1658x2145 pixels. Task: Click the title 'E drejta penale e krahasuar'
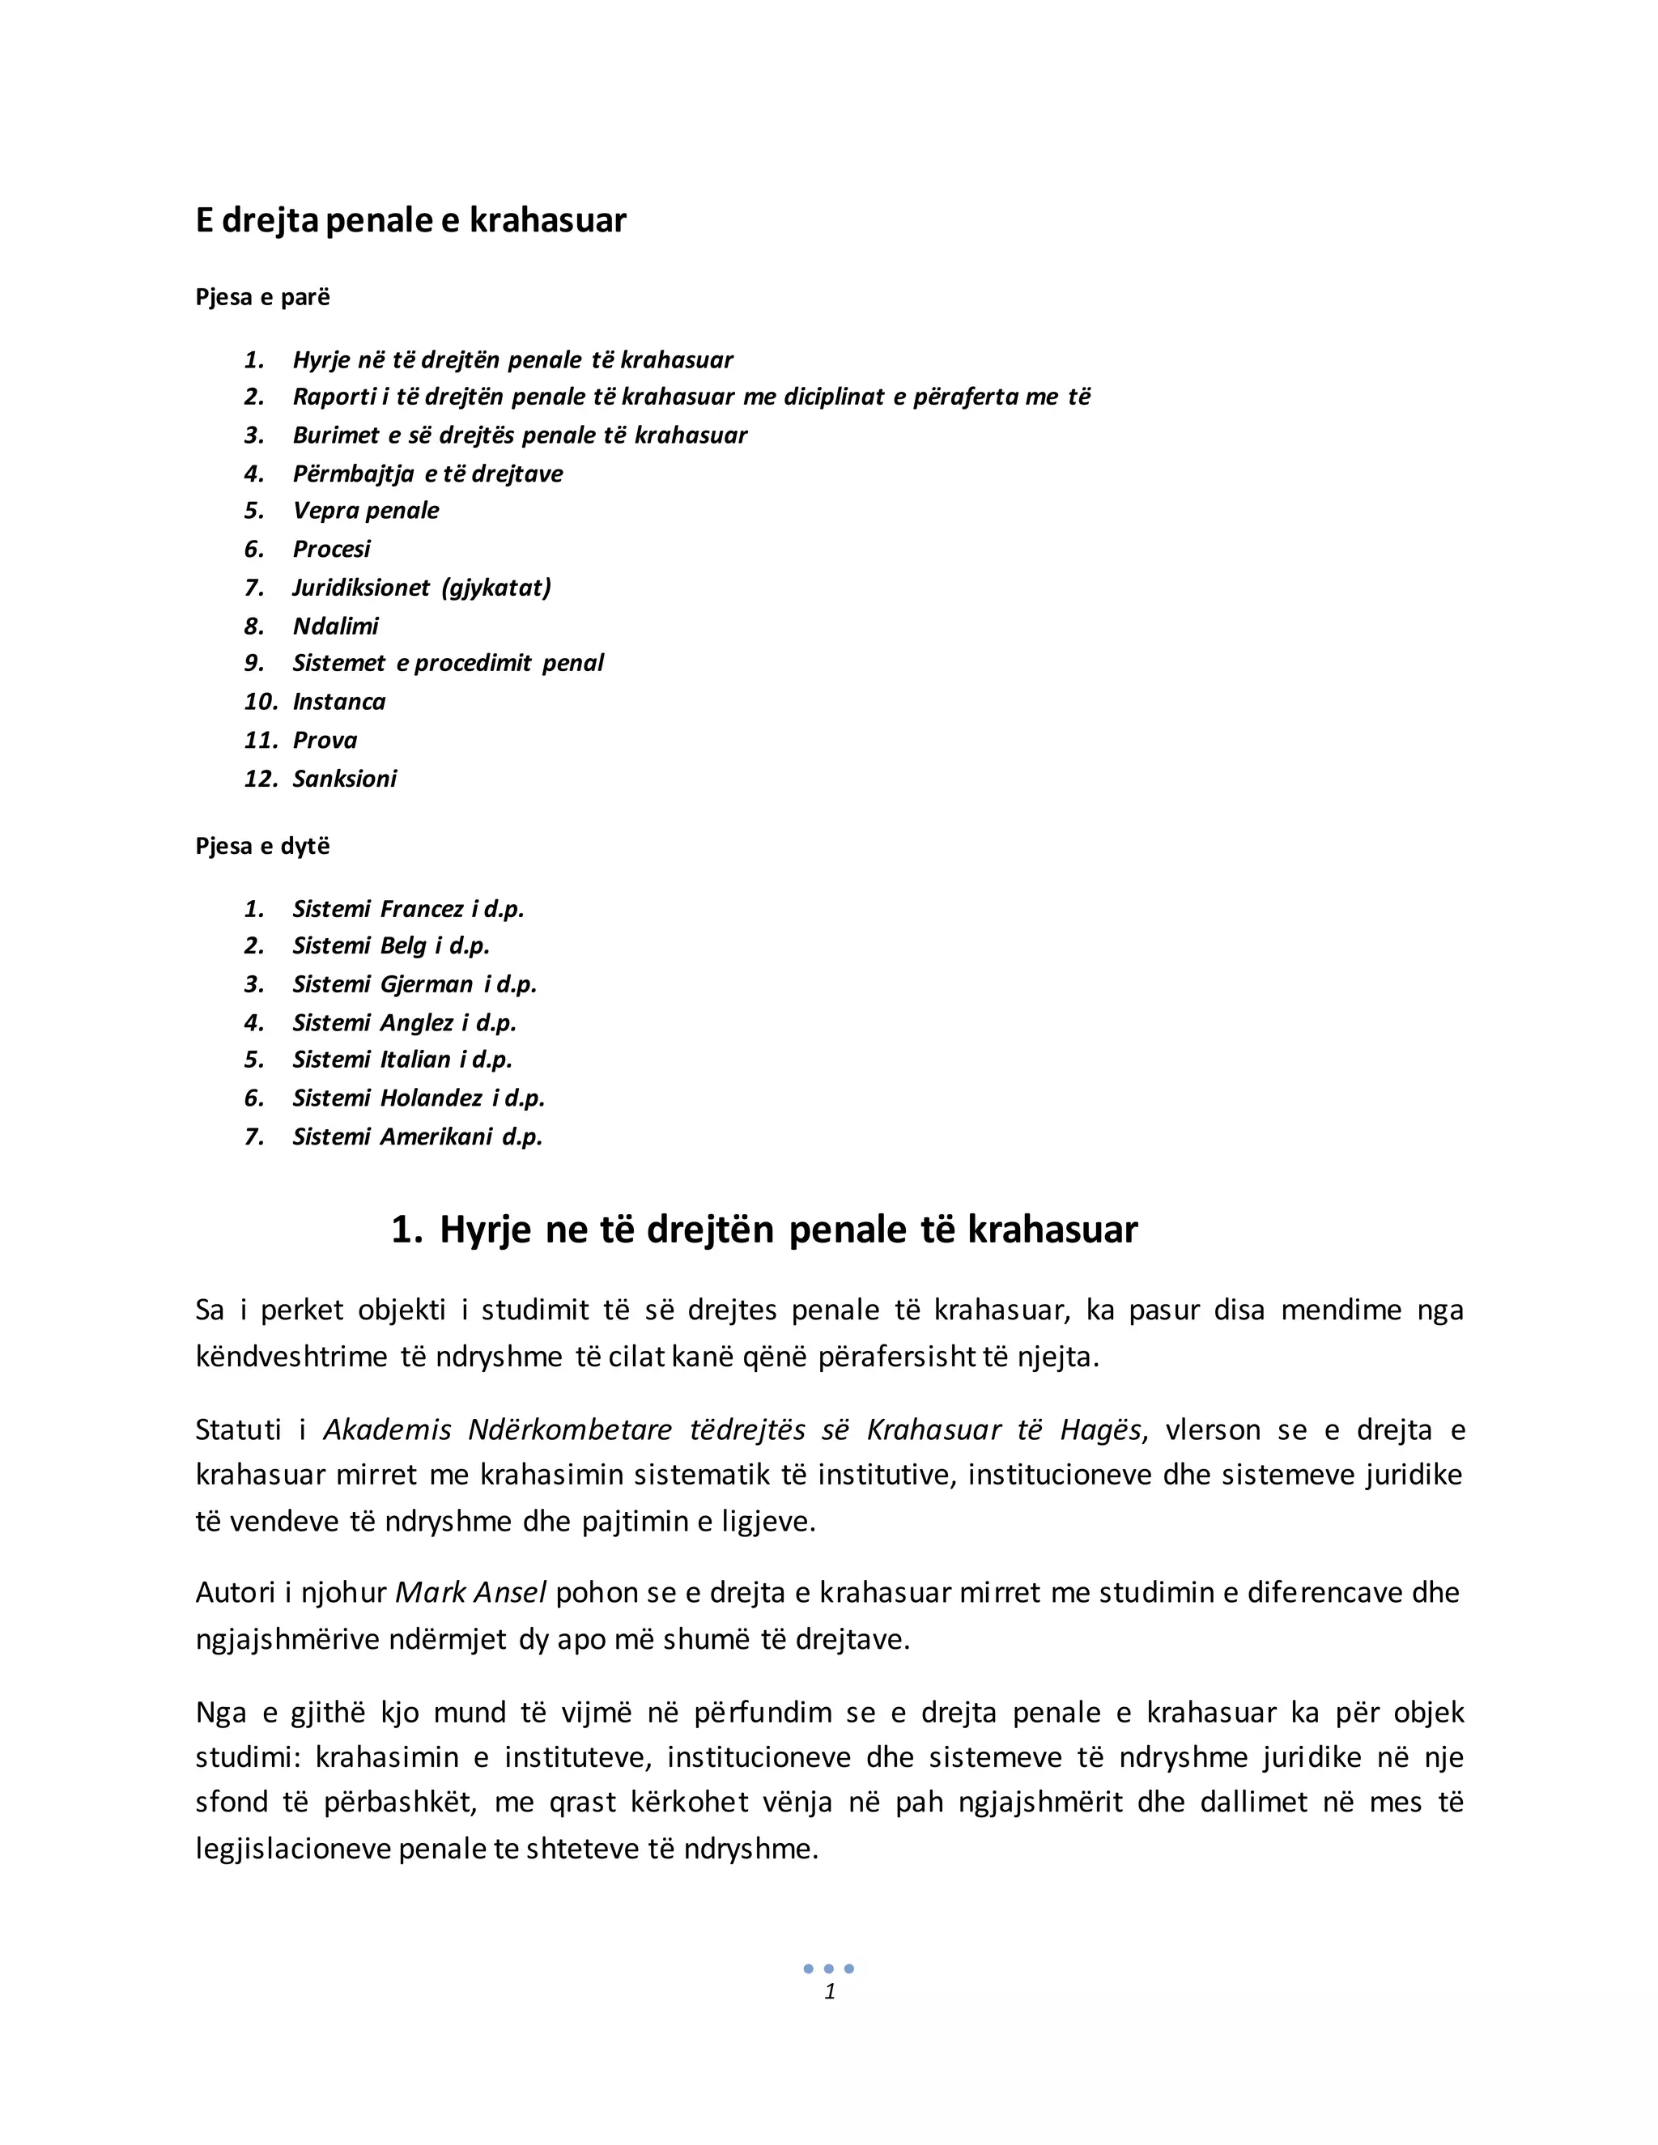coord(410,220)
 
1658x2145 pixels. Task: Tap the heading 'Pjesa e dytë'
coord(262,847)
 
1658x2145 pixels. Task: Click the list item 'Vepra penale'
coord(365,511)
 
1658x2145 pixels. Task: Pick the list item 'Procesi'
coord(331,549)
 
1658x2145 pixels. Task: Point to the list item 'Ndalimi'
coord(335,626)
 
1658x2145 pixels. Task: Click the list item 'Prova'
coord(325,741)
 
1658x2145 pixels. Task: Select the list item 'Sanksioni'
coord(345,779)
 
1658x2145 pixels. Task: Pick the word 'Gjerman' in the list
coord(427,985)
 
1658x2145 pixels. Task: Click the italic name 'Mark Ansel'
coord(470,1592)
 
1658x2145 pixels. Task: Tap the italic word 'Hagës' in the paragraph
coord(1101,1430)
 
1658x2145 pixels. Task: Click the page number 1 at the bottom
coord(830,1991)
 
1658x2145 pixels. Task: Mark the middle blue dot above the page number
coord(829,1969)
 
